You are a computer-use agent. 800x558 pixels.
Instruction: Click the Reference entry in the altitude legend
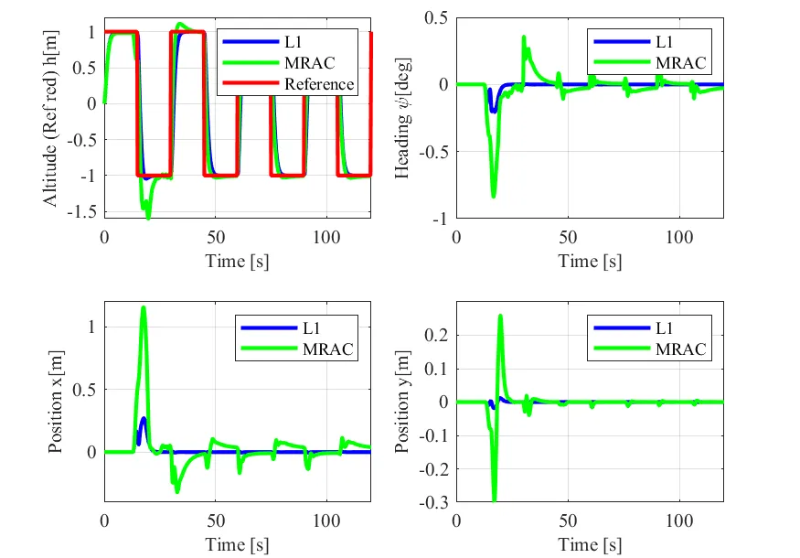coord(318,84)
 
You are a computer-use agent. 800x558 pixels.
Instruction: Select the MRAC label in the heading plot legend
coord(678,63)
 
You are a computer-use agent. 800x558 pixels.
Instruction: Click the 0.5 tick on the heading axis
coord(434,18)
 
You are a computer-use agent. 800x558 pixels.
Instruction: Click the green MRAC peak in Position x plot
coord(144,308)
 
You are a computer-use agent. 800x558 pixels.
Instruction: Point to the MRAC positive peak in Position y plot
coord(500,317)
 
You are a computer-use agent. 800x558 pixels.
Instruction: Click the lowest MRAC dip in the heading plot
coord(494,195)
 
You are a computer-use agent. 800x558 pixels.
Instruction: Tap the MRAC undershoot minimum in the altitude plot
coord(147,217)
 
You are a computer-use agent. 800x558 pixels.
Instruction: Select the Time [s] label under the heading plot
coord(590,261)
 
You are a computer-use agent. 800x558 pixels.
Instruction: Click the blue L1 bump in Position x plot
coord(143,421)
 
